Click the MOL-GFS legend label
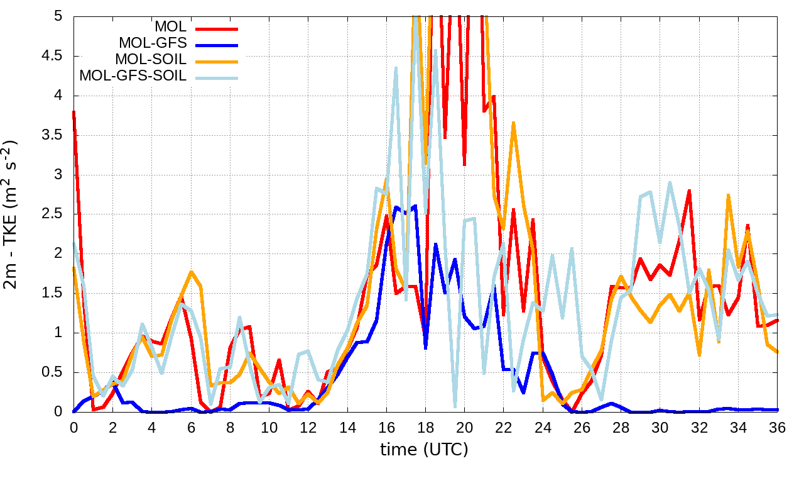[153, 44]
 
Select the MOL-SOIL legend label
[151, 60]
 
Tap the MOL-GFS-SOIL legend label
[133, 76]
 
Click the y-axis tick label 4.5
[54, 56]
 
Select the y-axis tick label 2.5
[54, 214]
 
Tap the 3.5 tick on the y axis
[54, 135]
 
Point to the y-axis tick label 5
[58, 16]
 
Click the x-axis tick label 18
[426, 426]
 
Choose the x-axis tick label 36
[778, 426]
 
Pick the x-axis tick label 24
[543, 426]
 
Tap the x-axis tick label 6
[191, 426]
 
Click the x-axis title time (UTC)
[424, 450]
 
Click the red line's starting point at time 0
[73, 112]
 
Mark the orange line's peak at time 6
[191, 272]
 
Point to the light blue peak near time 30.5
[670, 183]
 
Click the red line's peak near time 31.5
[690, 190]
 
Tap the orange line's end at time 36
[778, 352]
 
